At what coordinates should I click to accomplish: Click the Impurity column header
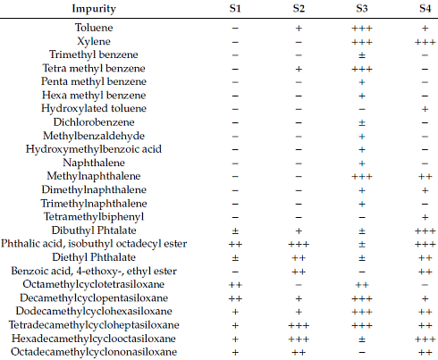(x=94, y=9)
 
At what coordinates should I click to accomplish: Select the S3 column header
(x=362, y=8)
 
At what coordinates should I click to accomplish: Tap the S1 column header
(x=235, y=8)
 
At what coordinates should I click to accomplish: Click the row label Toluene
(x=94, y=28)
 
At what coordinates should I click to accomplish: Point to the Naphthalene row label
(x=94, y=163)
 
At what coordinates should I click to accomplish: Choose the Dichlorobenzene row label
(x=94, y=122)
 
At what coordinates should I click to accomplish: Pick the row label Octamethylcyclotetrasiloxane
(x=94, y=284)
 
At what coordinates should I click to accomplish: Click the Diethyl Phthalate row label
(x=94, y=257)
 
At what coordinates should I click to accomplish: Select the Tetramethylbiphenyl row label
(x=94, y=217)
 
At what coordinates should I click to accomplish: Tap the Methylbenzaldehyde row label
(x=94, y=136)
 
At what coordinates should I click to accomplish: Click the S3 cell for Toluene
(x=362, y=29)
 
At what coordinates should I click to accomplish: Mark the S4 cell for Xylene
(x=425, y=42)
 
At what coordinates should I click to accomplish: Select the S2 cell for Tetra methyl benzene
(x=299, y=69)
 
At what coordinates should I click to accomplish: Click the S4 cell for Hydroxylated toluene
(x=425, y=109)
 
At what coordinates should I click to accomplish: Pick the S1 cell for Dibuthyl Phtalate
(x=235, y=230)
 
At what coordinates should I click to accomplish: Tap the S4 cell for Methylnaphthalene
(x=425, y=177)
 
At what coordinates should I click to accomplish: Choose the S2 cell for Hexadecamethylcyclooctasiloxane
(x=299, y=339)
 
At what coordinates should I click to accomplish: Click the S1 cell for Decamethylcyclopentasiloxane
(x=235, y=298)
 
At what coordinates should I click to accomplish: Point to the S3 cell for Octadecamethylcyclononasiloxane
(x=362, y=353)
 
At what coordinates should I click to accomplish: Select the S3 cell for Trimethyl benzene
(x=362, y=55)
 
